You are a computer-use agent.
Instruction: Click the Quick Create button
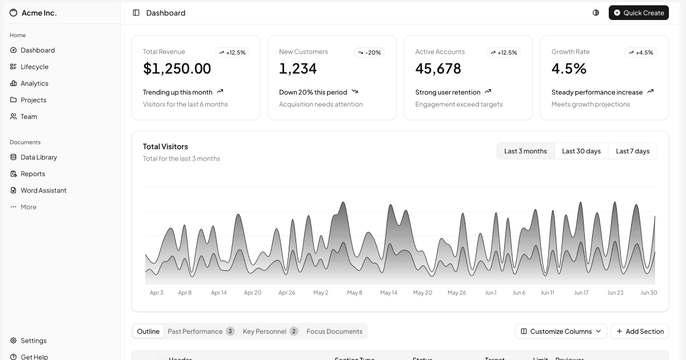point(639,13)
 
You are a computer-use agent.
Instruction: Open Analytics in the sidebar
point(34,83)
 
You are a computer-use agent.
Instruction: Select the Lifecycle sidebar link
point(34,67)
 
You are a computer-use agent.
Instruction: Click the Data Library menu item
point(38,157)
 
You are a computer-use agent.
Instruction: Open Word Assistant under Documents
point(43,190)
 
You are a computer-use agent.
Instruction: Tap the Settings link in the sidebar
point(33,341)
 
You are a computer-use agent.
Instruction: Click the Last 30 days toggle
point(581,151)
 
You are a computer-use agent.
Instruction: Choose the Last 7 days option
point(632,151)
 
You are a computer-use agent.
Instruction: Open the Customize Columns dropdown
point(561,331)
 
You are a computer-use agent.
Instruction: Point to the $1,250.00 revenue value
point(177,69)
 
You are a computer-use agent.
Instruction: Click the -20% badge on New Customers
point(369,53)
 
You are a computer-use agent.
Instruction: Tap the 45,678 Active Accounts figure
point(438,69)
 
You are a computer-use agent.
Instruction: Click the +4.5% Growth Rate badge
point(640,53)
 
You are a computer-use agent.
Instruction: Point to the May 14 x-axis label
point(389,293)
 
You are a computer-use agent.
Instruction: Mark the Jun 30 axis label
point(648,293)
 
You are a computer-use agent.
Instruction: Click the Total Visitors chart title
point(165,146)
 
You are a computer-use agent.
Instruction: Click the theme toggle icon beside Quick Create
point(596,13)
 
